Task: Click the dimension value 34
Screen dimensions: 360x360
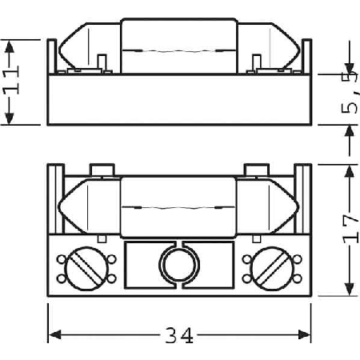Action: coord(179,335)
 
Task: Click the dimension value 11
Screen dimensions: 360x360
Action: coord(11,80)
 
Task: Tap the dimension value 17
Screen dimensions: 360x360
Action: coord(350,229)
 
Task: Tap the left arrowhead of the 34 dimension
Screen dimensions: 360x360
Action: coord(55,334)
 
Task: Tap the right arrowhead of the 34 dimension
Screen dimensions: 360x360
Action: coord(304,334)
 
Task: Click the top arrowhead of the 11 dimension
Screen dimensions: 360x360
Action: coord(10,47)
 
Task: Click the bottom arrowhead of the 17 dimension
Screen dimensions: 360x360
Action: coord(350,289)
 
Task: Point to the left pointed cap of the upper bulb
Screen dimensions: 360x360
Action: coord(74,48)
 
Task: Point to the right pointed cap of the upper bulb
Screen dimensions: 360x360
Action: coord(285,48)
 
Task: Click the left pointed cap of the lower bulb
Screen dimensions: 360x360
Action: coord(73,206)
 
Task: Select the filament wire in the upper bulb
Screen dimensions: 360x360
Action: coord(179,50)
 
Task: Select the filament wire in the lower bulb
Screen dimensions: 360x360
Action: coord(178,207)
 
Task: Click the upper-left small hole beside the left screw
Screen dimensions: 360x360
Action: coord(62,258)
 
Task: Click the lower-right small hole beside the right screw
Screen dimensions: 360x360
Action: coord(298,278)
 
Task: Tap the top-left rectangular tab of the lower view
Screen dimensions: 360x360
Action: coord(102,170)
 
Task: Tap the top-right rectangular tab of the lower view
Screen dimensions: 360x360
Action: coord(256,170)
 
